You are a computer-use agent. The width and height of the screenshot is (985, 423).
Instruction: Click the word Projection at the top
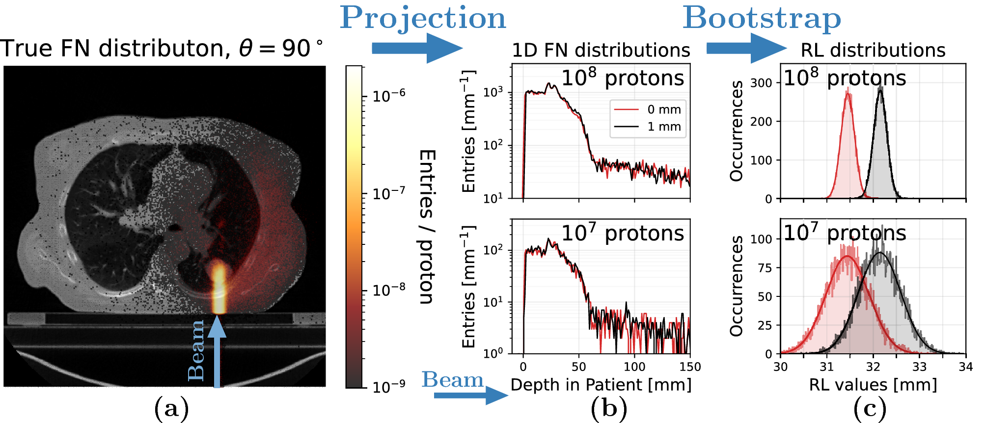[423, 19]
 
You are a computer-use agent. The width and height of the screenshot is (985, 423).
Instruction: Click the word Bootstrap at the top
[762, 19]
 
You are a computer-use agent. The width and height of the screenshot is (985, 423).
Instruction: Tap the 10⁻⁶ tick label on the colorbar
[388, 95]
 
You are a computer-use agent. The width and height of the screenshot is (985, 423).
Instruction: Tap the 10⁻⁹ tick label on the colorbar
[388, 387]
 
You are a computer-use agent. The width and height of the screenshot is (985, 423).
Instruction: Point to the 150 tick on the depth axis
[690, 367]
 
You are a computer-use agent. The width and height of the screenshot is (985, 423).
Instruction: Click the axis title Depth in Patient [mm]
[601, 385]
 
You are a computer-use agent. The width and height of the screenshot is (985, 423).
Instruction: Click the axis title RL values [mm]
[873, 385]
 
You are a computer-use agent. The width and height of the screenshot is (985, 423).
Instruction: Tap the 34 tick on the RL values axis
[965, 367]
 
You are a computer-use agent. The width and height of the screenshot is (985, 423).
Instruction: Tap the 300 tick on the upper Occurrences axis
[761, 83]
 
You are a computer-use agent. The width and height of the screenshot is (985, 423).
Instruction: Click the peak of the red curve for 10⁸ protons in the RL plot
[848, 95]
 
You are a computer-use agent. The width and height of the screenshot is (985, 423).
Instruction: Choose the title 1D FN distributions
[601, 50]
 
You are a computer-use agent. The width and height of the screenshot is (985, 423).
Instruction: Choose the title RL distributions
[873, 50]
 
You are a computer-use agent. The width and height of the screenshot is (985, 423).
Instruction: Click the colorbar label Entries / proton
[427, 226]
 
